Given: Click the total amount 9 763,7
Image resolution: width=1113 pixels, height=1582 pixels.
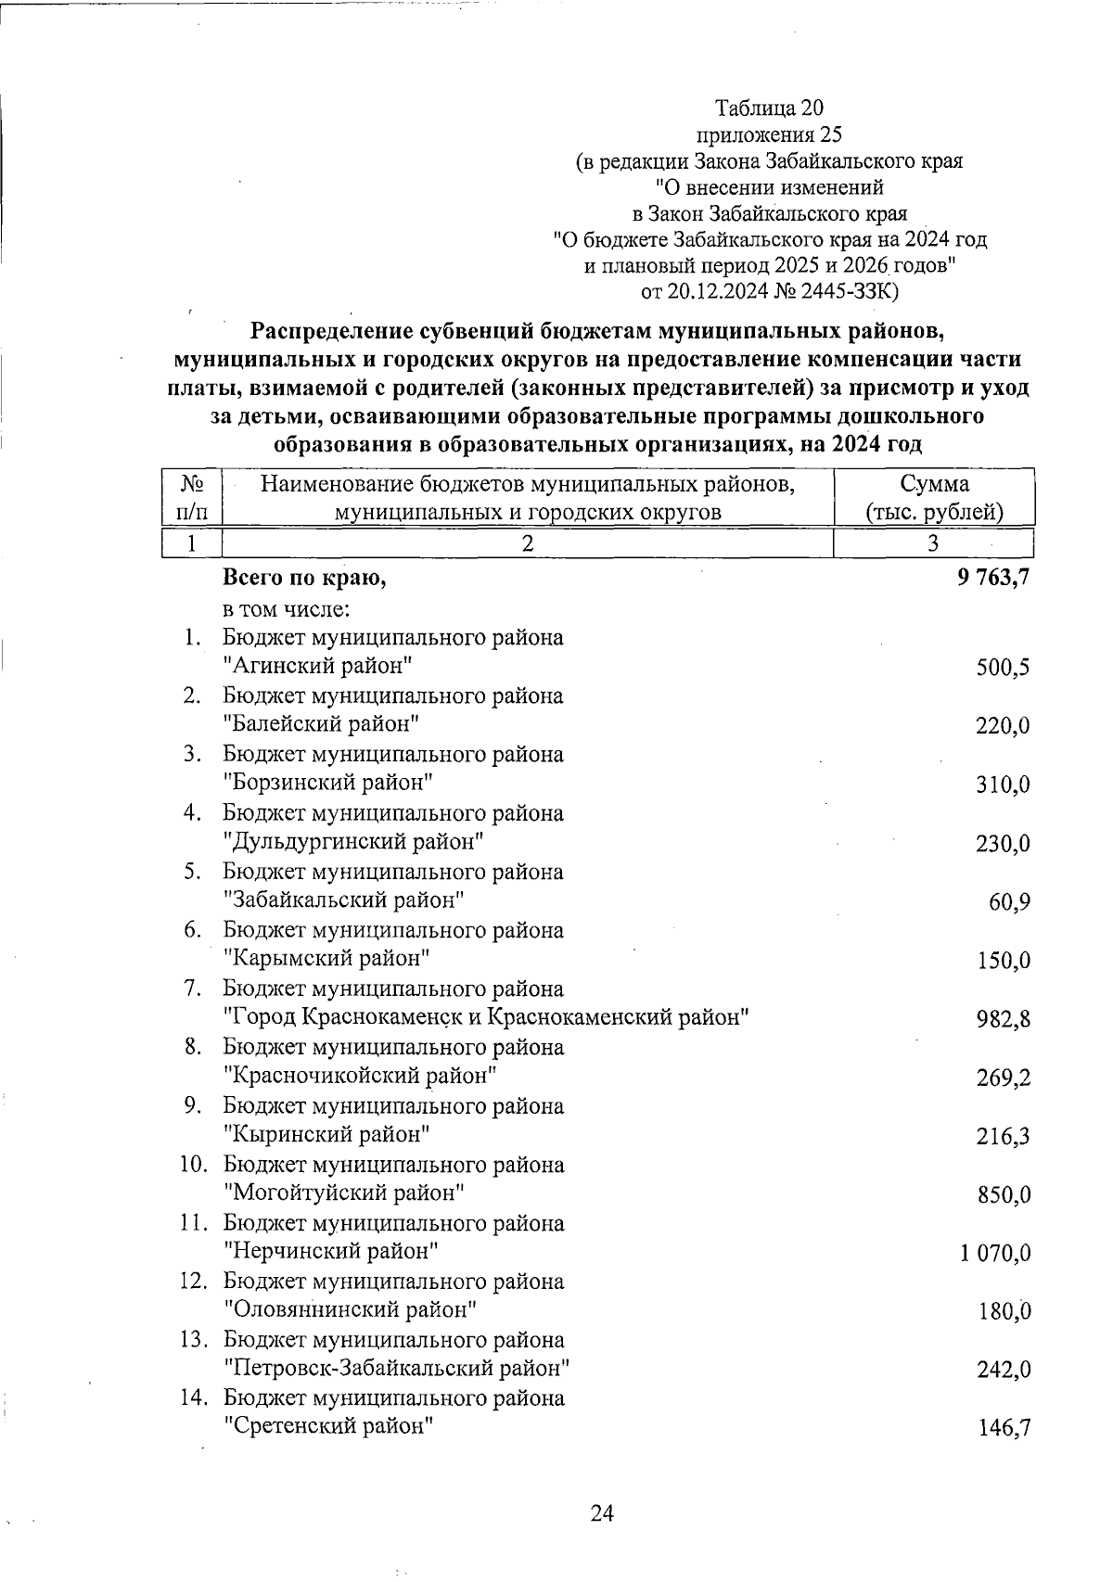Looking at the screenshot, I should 993,579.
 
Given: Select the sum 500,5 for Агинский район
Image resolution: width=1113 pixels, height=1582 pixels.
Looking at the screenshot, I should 1003,669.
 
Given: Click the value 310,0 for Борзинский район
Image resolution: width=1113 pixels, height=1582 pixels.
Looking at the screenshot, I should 1003,785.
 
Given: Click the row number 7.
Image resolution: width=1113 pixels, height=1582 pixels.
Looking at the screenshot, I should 193,989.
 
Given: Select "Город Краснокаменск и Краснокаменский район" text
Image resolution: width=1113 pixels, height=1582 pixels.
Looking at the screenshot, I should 487,1017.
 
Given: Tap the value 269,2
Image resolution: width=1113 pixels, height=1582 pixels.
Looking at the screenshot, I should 1003,1078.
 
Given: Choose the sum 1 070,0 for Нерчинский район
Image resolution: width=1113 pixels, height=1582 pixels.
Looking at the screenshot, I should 995,1254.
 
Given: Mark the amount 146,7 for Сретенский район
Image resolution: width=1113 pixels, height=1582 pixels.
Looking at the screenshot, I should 1003,1429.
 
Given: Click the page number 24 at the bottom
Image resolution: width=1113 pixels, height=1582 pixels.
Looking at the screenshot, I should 602,1514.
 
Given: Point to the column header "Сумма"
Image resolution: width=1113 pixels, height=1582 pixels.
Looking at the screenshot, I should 934,484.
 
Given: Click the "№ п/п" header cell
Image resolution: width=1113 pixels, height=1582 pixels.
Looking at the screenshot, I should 192,497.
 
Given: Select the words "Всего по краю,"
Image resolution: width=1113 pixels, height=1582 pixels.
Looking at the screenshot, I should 304,579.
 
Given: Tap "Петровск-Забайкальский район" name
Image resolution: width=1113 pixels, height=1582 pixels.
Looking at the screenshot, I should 396,1368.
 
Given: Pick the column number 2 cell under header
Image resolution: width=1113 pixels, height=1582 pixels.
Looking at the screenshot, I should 527,543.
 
